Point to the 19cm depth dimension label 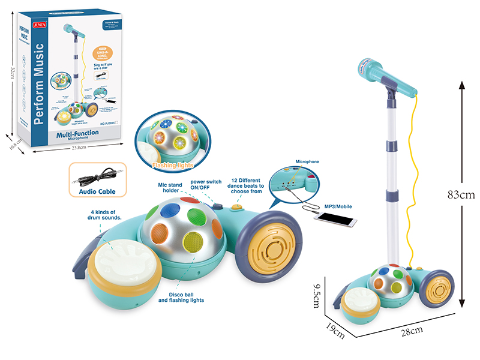point(335,329)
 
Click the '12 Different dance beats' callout point(248,187)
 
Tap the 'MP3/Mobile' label point(337,206)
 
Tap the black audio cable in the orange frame point(95,175)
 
